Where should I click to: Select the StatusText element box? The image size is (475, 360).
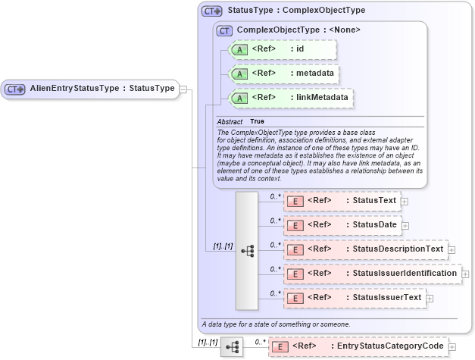pyautogui.click(x=341, y=201)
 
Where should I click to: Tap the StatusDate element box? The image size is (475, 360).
pyautogui.click(x=341, y=225)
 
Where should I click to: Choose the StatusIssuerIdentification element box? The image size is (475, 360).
pyautogui.click(x=372, y=274)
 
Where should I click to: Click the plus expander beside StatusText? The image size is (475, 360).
pyautogui.click(x=405, y=202)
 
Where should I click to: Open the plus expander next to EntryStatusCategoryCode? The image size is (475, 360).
pyautogui.click(x=453, y=347)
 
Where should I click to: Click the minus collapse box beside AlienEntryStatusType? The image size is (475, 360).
pyautogui.click(x=183, y=89)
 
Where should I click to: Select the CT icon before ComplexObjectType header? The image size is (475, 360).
pyautogui.click(x=224, y=30)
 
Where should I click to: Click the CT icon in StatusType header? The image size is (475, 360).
pyautogui.click(x=211, y=11)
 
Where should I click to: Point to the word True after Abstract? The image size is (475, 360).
pyautogui.click(x=258, y=122)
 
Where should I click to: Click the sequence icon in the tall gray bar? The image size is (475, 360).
pyautogui.click(x=247, y=249)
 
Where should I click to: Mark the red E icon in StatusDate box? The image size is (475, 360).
pyautogui.click(x=297, y=225)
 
